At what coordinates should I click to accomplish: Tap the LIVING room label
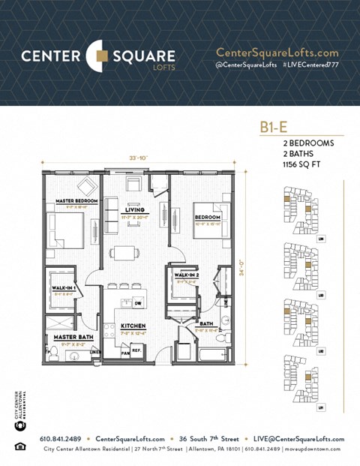pos(136,209)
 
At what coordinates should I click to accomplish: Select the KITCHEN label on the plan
pos(133,326)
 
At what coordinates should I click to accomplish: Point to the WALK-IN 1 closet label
pos(62,287)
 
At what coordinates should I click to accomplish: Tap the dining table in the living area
pos(124,252)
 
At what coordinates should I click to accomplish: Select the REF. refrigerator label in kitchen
pos(136,350)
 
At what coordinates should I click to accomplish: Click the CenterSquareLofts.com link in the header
pos(277,53)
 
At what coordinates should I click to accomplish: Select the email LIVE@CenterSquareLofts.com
pos(298,439)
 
